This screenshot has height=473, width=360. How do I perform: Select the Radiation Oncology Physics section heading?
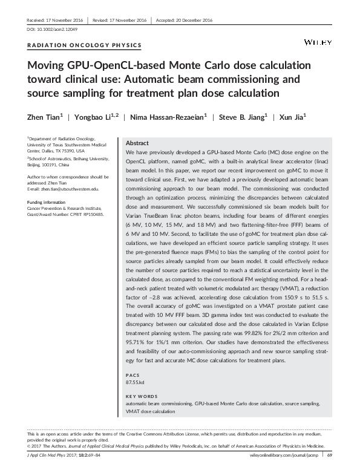[85, 45]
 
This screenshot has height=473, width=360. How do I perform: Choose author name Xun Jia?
[292, 117]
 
